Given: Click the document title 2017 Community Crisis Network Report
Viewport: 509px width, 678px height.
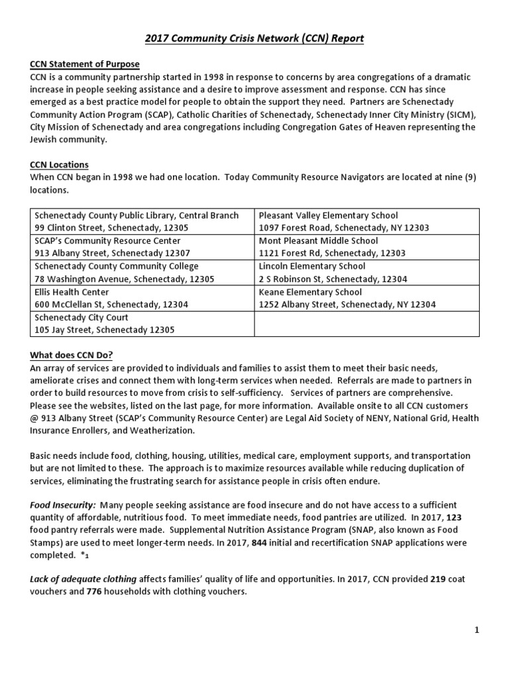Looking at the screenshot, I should [254, 39].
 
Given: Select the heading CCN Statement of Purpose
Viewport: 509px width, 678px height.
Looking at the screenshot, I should [85, 64].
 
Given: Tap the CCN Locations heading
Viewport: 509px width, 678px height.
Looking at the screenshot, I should [59, 164].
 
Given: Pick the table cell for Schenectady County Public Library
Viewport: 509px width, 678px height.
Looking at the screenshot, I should [142, 221].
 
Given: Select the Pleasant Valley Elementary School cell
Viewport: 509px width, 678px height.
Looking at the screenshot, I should [366, 221].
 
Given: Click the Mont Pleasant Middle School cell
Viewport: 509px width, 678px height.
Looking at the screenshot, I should [366, 247].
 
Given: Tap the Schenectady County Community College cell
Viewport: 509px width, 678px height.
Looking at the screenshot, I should [142, 272].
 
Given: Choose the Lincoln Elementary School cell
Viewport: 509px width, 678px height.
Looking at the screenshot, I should [366, 272].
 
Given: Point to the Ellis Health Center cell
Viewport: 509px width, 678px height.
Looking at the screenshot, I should [142, 298].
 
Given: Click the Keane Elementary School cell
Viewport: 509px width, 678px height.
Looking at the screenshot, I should [366, 298].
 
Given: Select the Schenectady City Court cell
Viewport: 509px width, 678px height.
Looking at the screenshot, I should [142, 323].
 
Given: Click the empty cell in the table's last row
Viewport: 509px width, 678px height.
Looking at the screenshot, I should [366, 323].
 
